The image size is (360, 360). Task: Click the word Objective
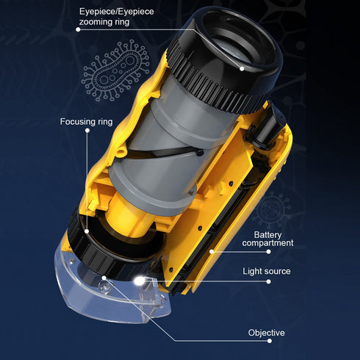pos(265,333)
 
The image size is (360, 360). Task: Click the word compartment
pos(268,242)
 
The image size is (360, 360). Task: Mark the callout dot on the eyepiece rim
pos(242,68)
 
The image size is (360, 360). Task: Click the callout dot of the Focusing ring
pos(87,229)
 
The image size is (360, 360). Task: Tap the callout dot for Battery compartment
pos(211,251)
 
